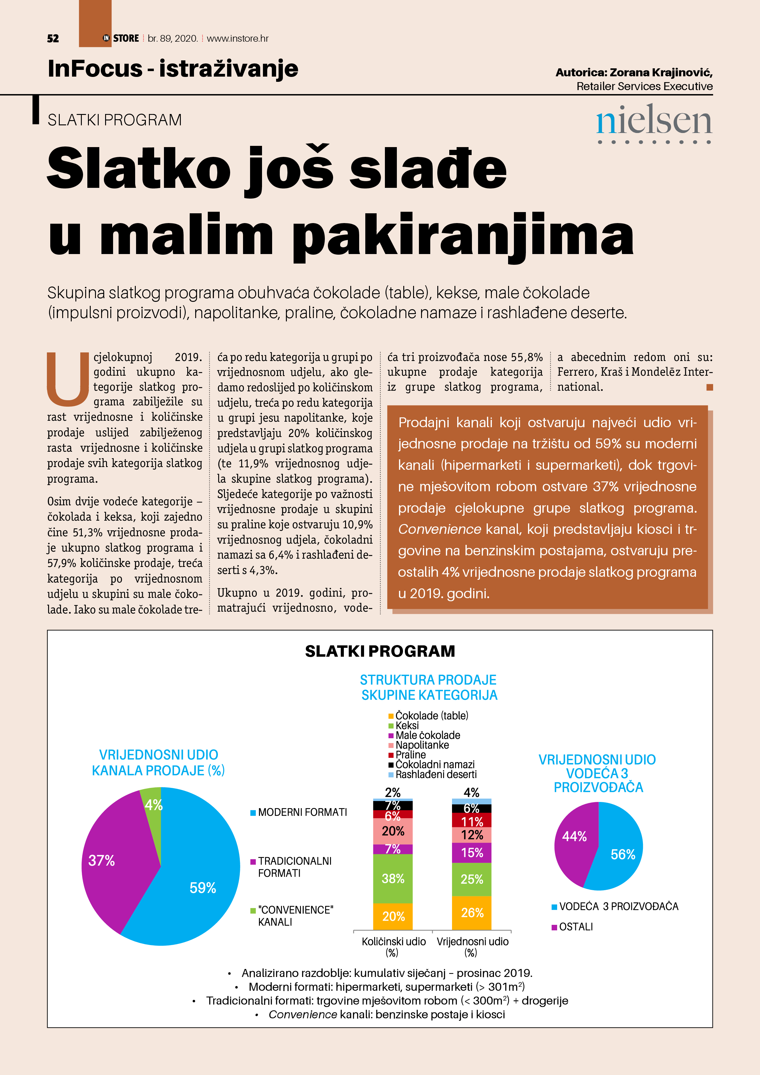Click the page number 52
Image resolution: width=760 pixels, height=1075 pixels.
point(53,38)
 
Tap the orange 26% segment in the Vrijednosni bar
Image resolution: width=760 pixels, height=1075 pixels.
point(472,912)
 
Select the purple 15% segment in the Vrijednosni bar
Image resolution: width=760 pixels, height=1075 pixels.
point(472,853)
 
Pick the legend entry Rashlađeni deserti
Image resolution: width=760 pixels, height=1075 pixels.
point(435,774)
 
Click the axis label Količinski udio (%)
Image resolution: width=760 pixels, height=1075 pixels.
point(393,946)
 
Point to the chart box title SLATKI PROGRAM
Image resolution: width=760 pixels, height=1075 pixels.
point(380,651)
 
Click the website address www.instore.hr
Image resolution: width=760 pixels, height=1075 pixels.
point(237,38)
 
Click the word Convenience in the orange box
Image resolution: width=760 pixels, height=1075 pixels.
point(439,529)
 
